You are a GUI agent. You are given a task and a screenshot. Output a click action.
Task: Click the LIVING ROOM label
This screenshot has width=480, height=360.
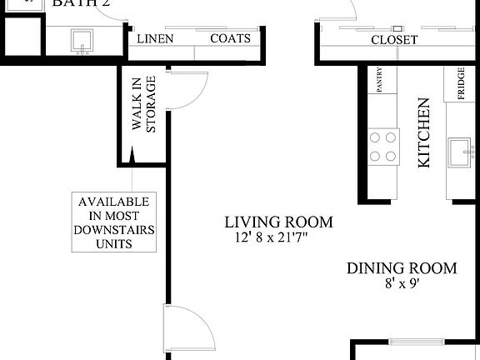[x=278, y=222]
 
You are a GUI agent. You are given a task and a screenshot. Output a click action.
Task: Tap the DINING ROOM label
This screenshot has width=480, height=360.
[x=402, y=268]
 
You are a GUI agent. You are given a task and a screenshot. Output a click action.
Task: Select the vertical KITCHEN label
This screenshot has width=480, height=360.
[x=423, y=133]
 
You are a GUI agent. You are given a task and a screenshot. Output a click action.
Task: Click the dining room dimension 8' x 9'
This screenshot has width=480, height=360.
[x=401, y=283]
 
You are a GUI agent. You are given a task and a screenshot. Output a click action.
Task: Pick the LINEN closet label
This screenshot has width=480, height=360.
[x=156, y=39]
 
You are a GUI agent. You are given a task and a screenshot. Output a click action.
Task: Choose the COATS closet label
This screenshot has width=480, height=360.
[x=229, y=39]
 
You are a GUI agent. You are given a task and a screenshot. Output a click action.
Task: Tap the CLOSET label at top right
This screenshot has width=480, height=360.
[x=394, y=40]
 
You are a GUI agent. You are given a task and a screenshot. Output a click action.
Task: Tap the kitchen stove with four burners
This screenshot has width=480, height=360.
[x=383, y=146]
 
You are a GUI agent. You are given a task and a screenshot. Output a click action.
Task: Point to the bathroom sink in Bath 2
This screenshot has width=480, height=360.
[x=82, y=42]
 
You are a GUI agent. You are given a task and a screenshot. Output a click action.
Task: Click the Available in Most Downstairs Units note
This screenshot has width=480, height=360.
[x=113, y=222]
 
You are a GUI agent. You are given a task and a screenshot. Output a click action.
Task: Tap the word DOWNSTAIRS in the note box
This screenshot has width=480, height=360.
[x=113, y=229]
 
